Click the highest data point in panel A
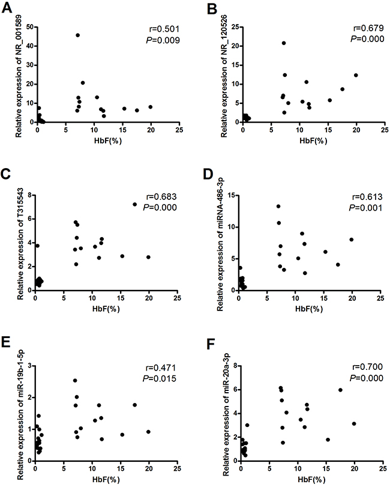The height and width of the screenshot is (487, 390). coord(77,35)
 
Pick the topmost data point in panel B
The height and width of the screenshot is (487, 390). coord(284,43)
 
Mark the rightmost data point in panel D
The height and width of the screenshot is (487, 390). coord(352,240)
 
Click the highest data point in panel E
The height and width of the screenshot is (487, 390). coord(75,380)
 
